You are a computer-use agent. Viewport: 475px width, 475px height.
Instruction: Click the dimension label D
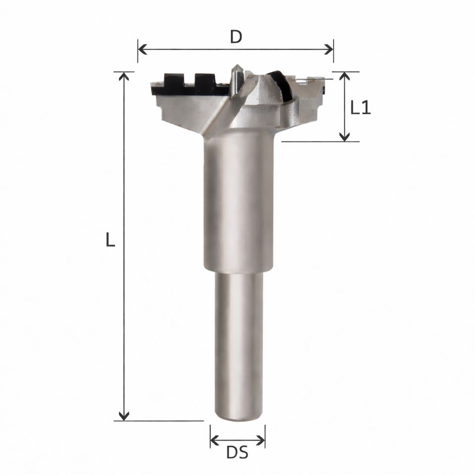[x=236, y=37]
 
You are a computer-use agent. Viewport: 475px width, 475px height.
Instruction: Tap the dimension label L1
[x=360, y=107]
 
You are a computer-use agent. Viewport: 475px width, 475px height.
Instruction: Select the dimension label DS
[x=237, y=453]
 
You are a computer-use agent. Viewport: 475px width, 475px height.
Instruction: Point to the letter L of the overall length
[x=110, y=239]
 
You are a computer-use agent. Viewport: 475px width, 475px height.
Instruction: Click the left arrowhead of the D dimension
[x=142, y=49]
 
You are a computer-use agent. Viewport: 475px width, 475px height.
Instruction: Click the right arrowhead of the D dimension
[x=329, y=49]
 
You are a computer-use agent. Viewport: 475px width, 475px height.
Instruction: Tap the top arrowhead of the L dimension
[x=124, y=76]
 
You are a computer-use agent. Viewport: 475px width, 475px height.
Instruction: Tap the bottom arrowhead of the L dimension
[x=124, y=416]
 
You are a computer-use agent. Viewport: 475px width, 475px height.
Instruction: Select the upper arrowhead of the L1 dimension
[x=344, y=76]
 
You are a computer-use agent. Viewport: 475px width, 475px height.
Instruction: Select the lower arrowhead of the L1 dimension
[x=344, y=137]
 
